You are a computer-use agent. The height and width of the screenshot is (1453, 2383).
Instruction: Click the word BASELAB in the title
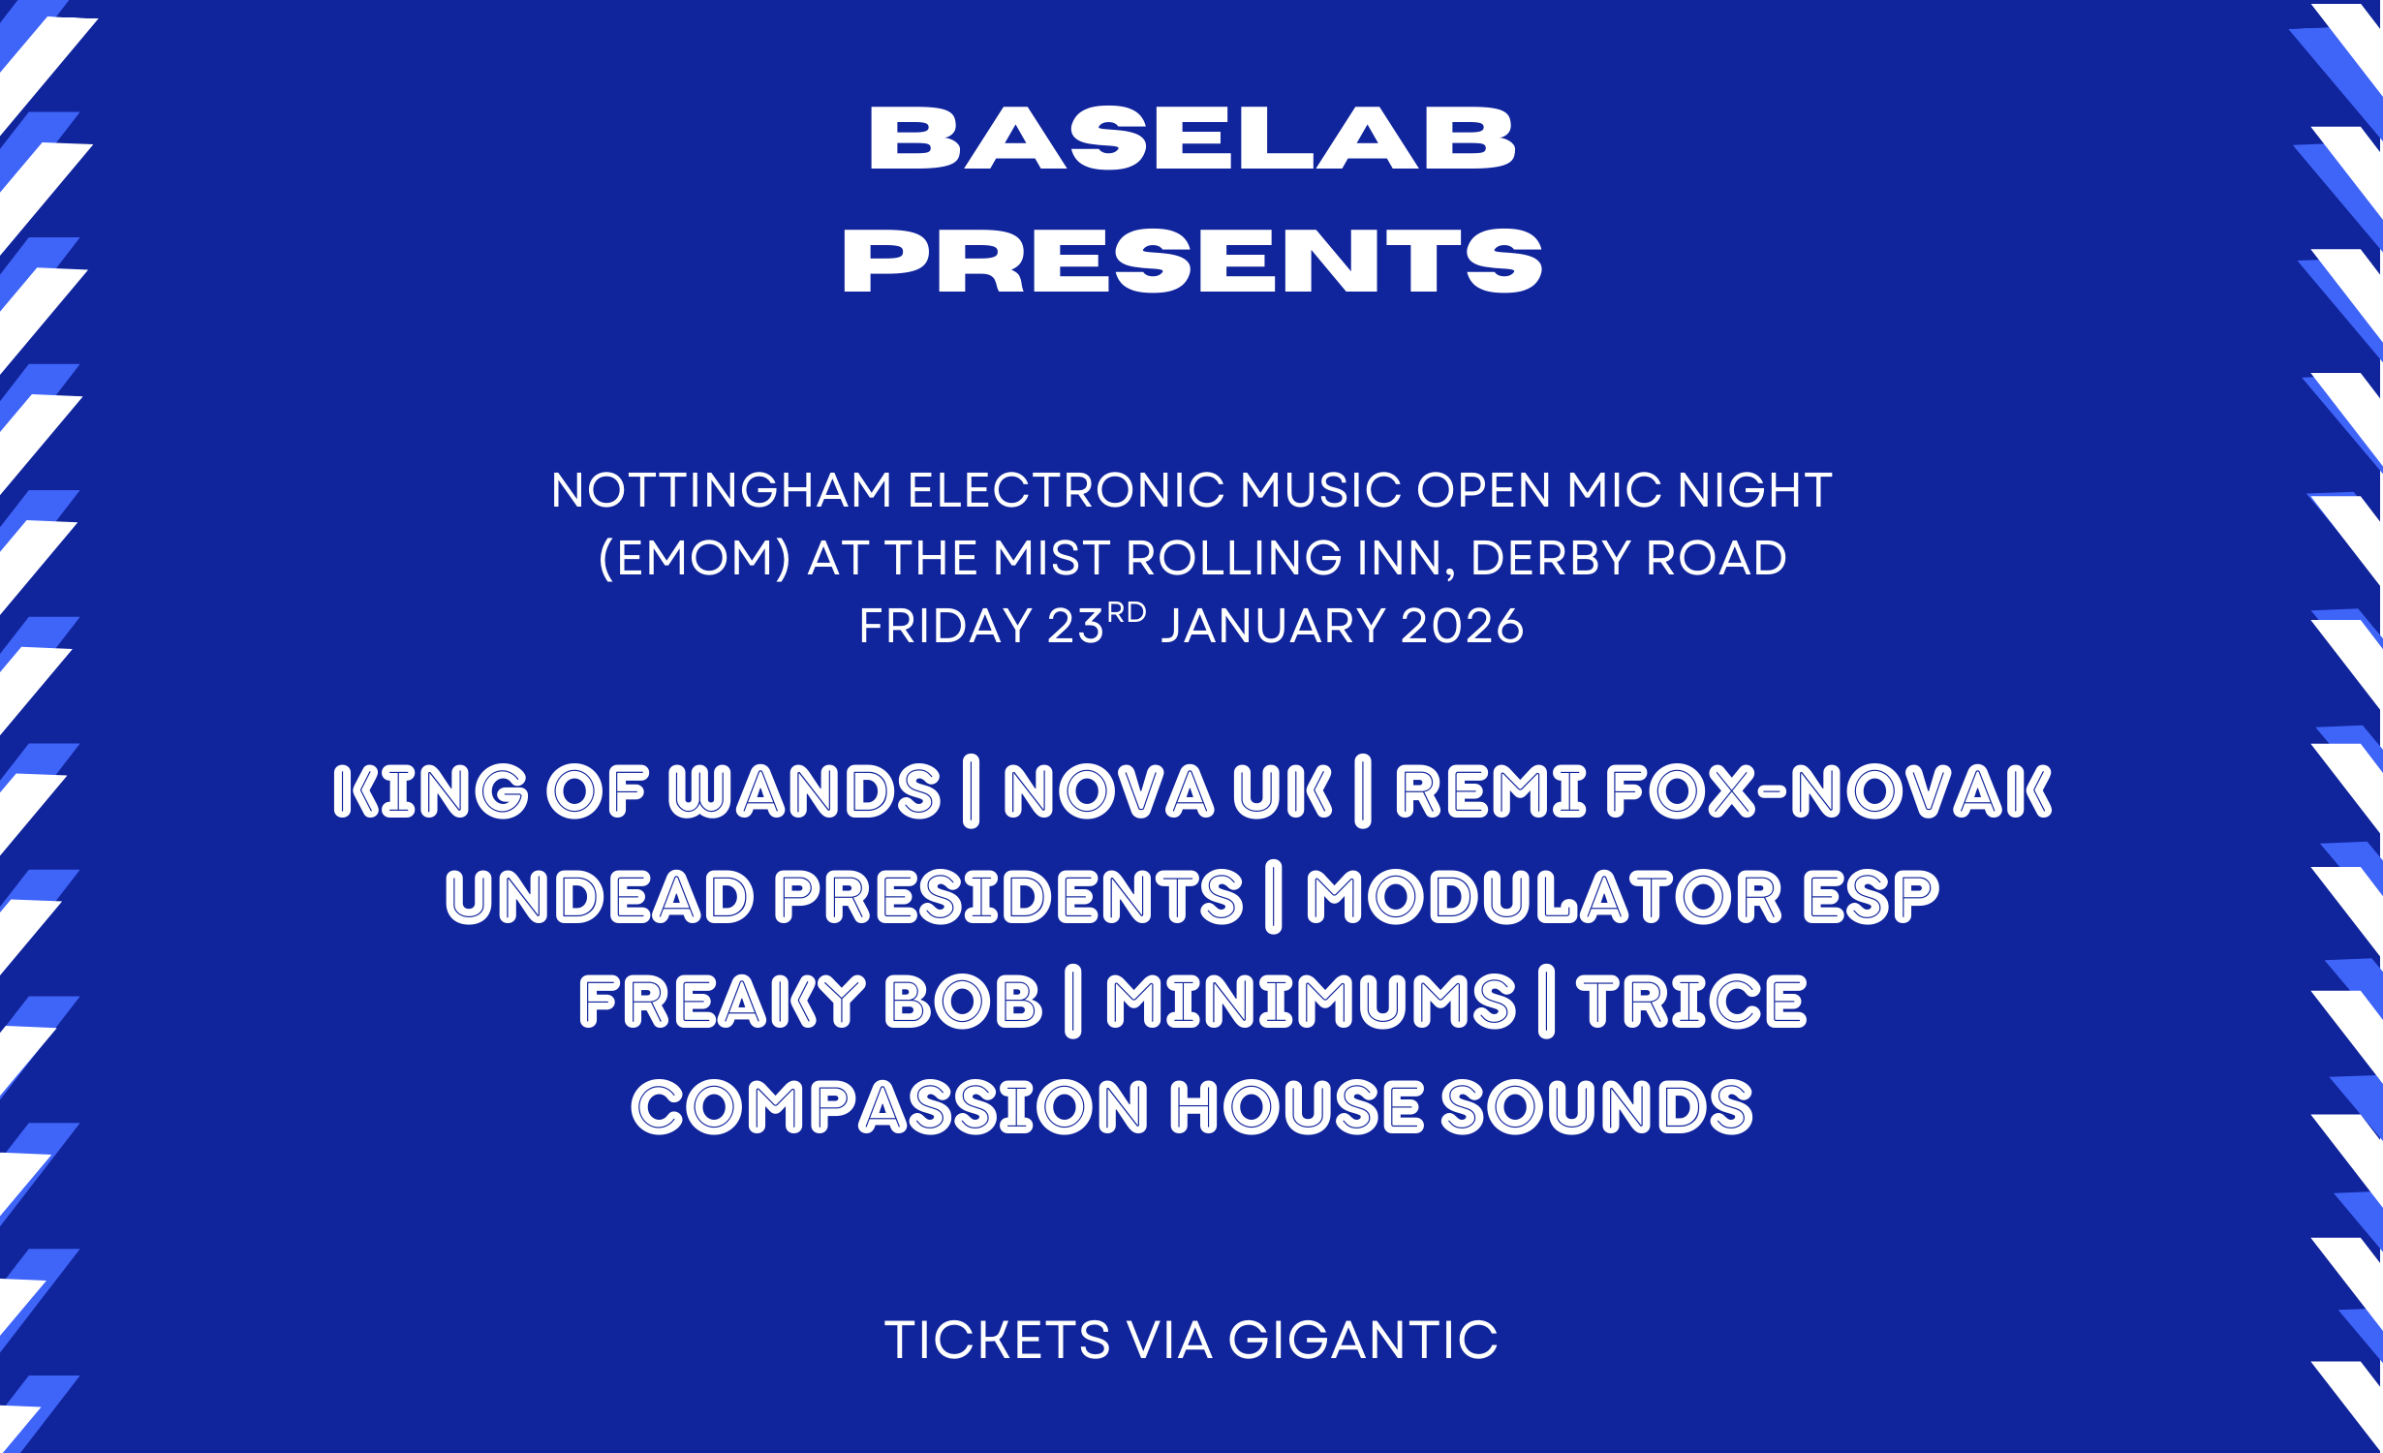coord(1192,139)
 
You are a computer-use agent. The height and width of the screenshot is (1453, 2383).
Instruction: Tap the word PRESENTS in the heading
coord(1192,261)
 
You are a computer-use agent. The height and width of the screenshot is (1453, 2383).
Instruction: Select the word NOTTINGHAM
coord(722,490)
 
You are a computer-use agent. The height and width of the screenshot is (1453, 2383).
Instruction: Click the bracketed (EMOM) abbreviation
coord(695,559)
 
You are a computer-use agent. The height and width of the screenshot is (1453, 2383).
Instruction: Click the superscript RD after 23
coord(1127,613)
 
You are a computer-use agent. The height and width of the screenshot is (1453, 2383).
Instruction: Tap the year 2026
coord(1463,626)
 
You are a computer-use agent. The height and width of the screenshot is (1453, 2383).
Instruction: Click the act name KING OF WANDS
coord(636,791)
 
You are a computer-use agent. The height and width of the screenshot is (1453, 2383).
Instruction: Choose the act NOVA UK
coord(1168,791)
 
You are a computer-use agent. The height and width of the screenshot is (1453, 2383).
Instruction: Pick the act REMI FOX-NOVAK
coord(1723,791)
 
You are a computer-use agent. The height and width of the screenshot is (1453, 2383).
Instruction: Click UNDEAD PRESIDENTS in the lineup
coord(844,897)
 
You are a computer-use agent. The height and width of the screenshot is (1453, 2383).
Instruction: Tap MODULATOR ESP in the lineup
coord(1623,897)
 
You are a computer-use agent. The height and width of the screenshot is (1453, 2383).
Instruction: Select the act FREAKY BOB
coord(811,1002)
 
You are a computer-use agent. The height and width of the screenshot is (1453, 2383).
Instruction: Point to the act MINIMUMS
coord(1311,1002)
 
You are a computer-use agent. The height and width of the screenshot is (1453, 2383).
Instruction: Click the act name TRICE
coord(1692,1002)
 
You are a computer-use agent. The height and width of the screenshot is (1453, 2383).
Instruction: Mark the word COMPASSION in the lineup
coord(889,1107)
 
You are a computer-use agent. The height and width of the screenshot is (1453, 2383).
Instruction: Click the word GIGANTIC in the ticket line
coord(1363,1341)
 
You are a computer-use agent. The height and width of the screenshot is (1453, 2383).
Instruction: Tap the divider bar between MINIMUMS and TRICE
coord(1547,1002)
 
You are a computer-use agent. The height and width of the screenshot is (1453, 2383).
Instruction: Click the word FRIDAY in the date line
coord(945,626)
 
